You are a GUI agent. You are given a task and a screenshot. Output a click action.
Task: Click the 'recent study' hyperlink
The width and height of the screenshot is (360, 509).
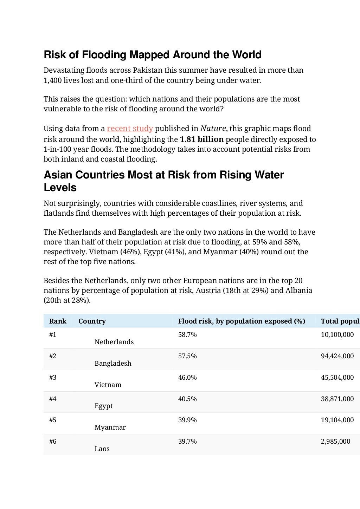click(x=130, y=129)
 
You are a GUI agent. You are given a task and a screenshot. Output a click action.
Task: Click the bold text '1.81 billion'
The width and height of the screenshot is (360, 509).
click(x=201, y=139)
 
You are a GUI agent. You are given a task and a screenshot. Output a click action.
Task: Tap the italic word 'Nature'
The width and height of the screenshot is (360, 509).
click(x=213, y=129)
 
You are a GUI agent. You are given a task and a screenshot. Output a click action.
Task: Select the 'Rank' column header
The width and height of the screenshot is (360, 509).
click(x=58, y=321)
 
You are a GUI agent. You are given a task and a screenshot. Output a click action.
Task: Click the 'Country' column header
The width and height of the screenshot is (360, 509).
click(x=92, y=321)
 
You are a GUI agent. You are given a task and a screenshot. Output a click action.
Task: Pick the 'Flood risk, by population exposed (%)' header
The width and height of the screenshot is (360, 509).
click(x=242, y=321)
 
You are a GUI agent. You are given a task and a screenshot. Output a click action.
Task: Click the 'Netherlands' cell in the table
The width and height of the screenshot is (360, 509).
click(x=114, y=342)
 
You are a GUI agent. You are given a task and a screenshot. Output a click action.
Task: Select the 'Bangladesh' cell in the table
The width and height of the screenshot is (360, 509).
click(x=113, y=363)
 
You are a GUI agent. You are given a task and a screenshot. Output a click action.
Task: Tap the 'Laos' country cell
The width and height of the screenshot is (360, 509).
click(x=102, y=449)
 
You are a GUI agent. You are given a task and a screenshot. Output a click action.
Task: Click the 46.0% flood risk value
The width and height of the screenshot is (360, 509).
click(x=187, y=377)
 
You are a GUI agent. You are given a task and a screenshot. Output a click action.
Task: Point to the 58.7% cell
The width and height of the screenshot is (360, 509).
click(x=187, y=334)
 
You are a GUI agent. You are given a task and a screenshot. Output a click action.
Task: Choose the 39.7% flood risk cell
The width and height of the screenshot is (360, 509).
click(x=187, y=441)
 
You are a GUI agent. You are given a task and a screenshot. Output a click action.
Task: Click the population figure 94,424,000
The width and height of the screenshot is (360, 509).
click(x=337, y=356)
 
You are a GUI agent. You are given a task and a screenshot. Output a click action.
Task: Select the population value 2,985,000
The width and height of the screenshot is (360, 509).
click(x=335, y=441)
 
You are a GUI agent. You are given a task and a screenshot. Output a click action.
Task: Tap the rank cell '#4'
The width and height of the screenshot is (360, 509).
click(x=53, y=399)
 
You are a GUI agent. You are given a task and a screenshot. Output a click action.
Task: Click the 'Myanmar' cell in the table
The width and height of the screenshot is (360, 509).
click(x=110, y=427)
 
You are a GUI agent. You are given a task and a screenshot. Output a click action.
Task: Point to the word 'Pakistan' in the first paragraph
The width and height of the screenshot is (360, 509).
click(x=147, y=70)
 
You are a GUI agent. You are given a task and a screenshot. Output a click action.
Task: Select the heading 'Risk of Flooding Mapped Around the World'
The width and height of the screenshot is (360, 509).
click(x=153, y=55)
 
